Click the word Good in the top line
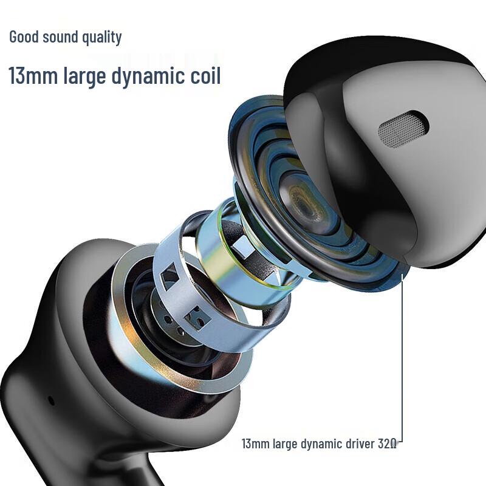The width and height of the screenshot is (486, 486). tap(24, 36)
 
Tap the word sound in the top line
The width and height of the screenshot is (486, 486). tap(61, 36)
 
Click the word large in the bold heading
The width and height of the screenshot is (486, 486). tap(84, 78)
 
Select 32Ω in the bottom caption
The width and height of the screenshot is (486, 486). tap(387, 444)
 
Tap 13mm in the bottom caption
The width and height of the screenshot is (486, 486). tap(255, 444)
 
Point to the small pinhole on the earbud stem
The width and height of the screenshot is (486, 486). tap(51, 400)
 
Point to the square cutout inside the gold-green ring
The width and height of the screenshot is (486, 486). tap(241, 245)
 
